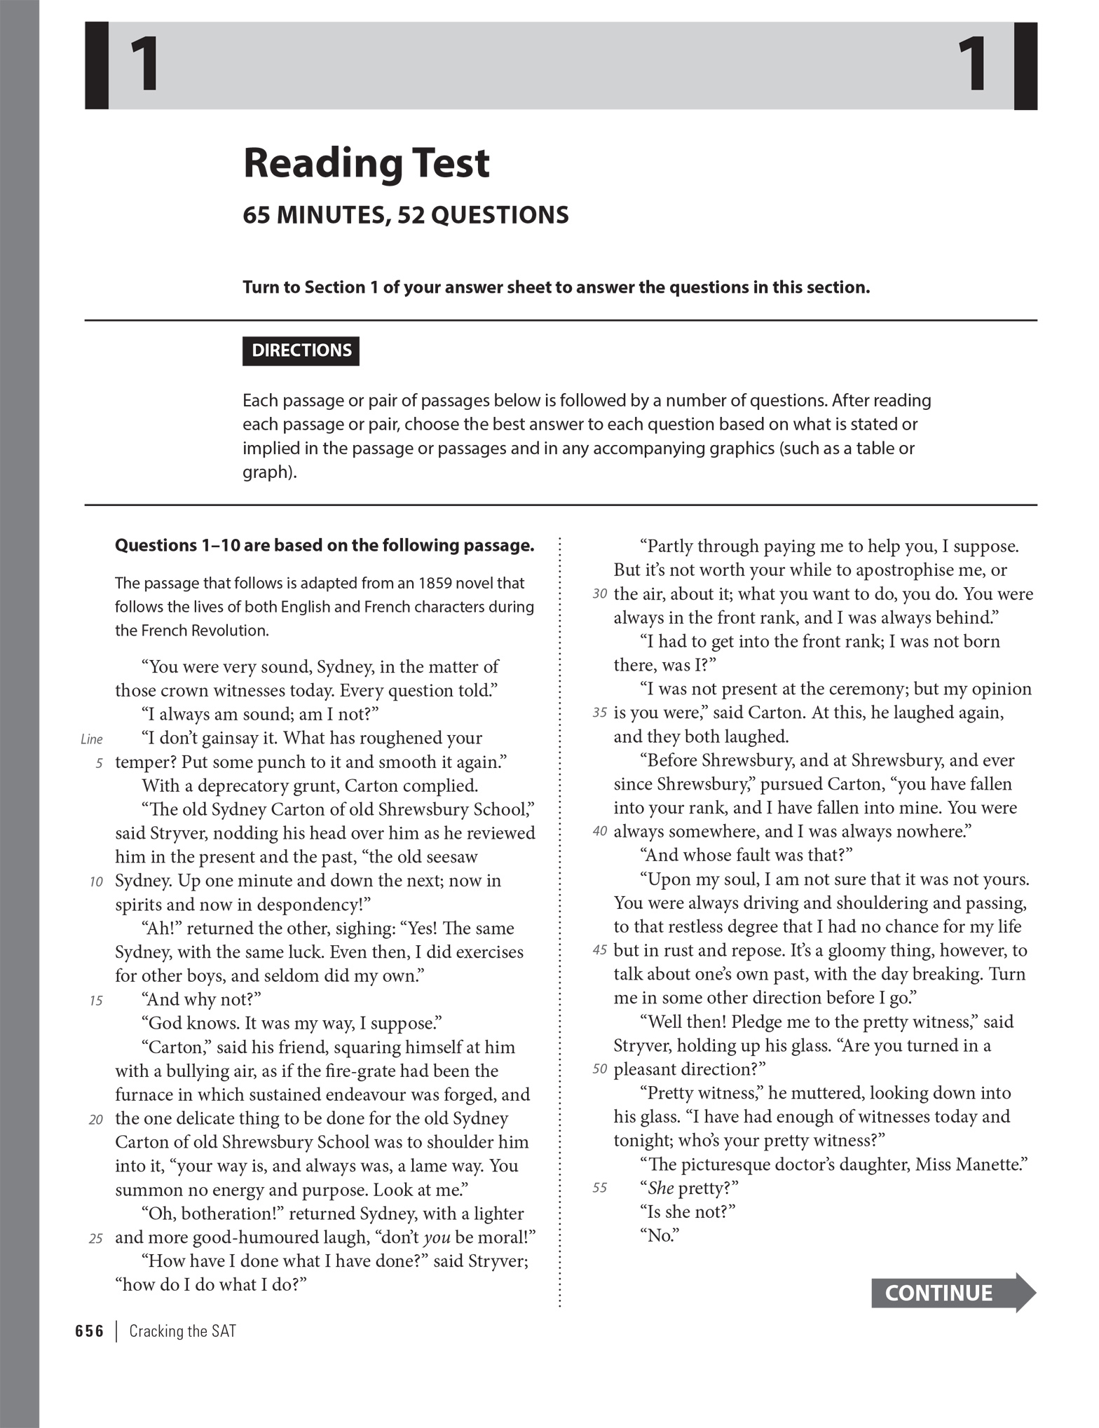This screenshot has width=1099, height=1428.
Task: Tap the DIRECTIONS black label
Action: coord(301,350)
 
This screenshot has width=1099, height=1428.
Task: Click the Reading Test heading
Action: coord(366,163)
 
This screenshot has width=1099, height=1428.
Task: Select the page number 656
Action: coord(89,1331)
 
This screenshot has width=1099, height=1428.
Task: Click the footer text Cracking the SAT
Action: coord(182,1331)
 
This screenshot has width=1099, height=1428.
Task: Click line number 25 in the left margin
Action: coord(96,1239)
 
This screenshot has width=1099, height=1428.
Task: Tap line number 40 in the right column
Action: coord(599,832)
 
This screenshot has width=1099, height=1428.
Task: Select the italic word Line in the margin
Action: coord(92,739)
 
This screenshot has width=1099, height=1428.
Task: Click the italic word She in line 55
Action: coord(660,1188)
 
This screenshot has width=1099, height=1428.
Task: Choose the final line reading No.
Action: coord(659,1236)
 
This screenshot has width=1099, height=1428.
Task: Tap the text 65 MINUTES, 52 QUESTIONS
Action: coord(405,215)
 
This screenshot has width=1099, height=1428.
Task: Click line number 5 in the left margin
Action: coord(100,763)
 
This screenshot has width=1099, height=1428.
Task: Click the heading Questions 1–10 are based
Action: coord(325,545)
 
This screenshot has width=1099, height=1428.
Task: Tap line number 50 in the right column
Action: coord(599,1070)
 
